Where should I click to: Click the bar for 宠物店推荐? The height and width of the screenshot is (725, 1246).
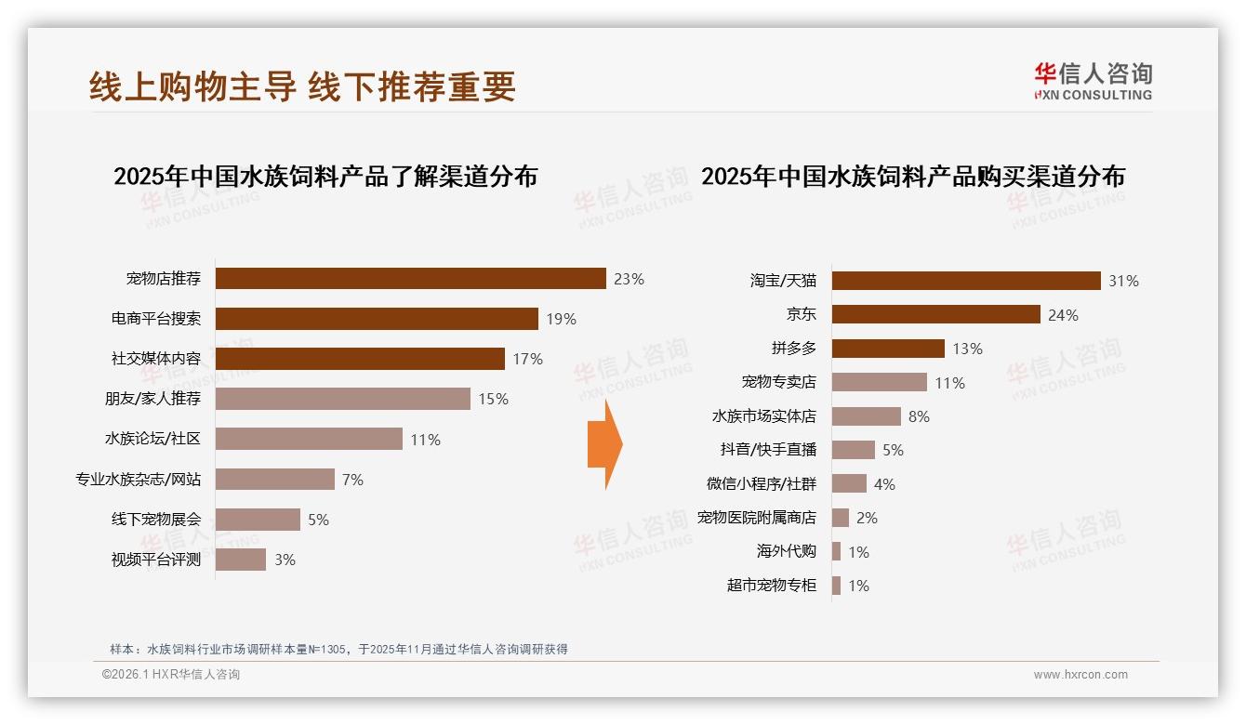(410, 279)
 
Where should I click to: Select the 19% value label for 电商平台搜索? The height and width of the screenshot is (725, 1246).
(561, 319)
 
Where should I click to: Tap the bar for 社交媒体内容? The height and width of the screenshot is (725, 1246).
(360, 359)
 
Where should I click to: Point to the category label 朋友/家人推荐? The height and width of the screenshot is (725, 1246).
(152, 399)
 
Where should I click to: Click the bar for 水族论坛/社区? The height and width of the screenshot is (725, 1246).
(309, 439)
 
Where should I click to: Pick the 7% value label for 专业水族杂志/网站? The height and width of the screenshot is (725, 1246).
(352, 480)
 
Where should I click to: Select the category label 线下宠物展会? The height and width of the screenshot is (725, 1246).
(156, 520)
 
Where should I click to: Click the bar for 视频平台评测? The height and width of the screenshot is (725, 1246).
(241, 560)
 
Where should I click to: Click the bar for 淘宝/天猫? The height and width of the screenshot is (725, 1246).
(966, 281)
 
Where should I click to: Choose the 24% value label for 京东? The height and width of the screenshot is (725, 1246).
(1063, 315)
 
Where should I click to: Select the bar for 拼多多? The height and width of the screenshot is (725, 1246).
(888, 349)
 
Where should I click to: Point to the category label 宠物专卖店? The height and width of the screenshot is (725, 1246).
(778, 382)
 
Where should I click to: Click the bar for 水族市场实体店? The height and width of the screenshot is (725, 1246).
(867, 416)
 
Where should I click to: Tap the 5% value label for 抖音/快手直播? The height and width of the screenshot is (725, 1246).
(893, 450)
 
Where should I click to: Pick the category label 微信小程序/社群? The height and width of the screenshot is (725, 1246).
(762, 484)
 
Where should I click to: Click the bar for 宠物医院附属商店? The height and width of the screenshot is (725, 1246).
(841, 518)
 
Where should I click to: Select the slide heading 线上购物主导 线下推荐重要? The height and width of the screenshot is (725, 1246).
(302, 86)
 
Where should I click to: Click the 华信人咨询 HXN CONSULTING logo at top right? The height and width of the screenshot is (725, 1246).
(1093, 82)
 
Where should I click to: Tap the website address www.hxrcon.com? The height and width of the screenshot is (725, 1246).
(1080, 675)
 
